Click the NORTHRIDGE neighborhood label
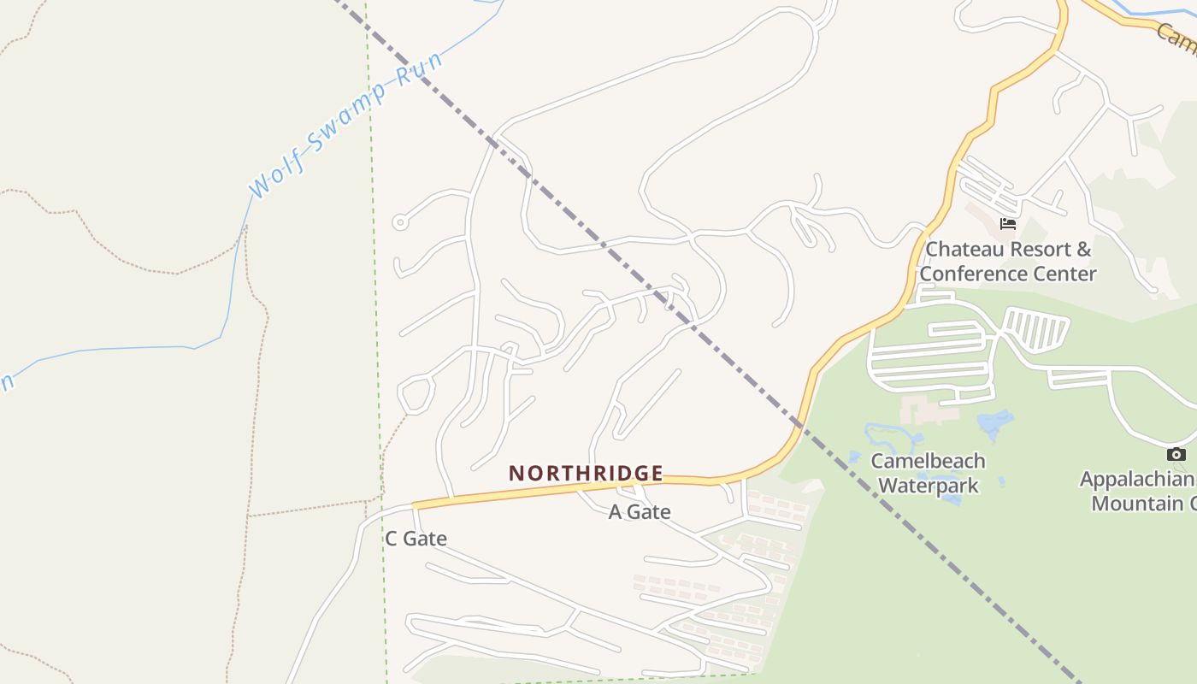click(x=586, y=473)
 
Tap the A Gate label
click(x=640, y=512)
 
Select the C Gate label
click(x=416, y=539)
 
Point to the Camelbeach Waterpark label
click(x=928, y=473)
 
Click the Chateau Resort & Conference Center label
click(x=1008, y=262)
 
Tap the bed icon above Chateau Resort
click(x=1008, y=224)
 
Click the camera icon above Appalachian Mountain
click(x=1176, y=455)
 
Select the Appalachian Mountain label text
click(x=1137, y=491)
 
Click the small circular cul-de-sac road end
click(x=399, y=222)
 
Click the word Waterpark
click(x=928, y=486)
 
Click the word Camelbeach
click(x=928, y=461)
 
